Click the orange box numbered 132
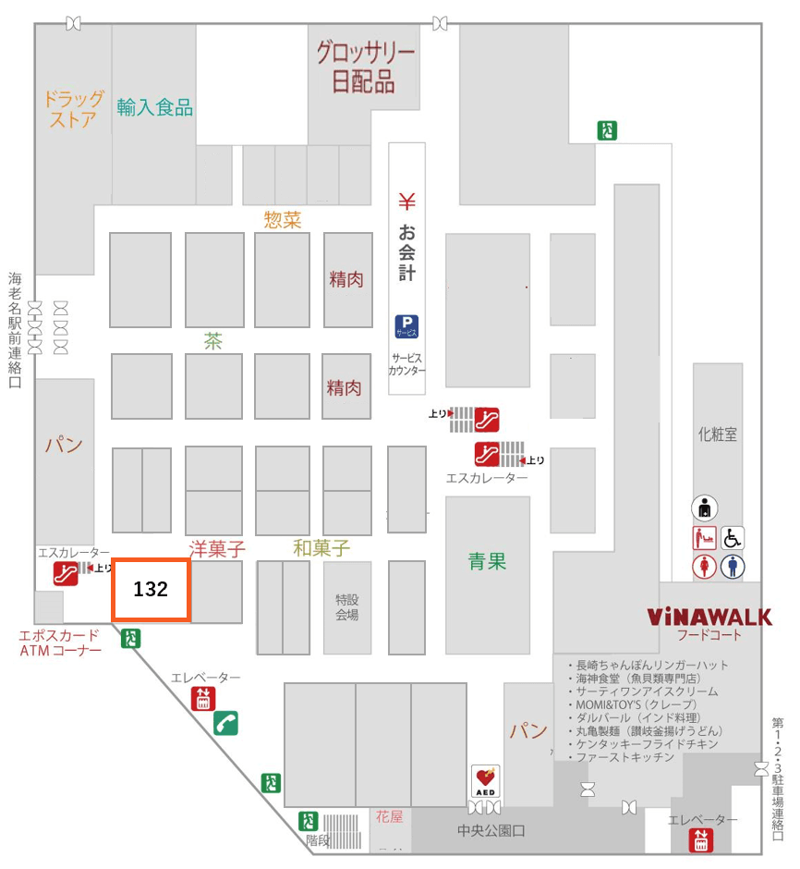coord(151,589)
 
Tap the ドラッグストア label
coord(74,109)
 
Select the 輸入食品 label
coord(154,107)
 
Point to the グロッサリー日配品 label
coord(365,67)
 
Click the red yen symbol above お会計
coord(406,201)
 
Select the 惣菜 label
coord(283,219)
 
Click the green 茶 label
coord(213,341)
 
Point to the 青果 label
coord(487,561)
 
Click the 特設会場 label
coord(346,606)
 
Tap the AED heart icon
coord(486,780)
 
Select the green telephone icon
coord(225,722)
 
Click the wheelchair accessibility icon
coord(732,537)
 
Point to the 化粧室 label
coord(717,434)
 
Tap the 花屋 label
coord(389,816)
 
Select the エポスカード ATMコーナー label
coord(59,643)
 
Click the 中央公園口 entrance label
coord(491,831)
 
